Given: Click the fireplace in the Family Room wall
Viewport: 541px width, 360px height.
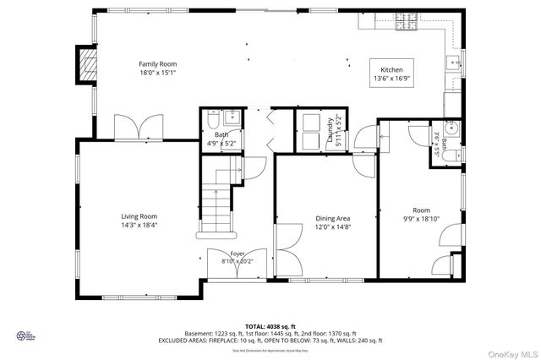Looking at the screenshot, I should click(x=85, y=66).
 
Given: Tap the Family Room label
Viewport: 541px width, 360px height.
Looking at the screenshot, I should click(x=158, y=63).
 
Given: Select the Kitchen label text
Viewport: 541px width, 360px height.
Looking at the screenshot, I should click(x=391, y=70).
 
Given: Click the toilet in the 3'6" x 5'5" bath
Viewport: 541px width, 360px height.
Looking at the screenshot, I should click(x=451, y=152).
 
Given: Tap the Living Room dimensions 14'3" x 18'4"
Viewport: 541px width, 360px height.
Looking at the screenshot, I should click(x=139, y=225).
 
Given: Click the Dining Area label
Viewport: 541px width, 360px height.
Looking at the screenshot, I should click(x=333, y=218).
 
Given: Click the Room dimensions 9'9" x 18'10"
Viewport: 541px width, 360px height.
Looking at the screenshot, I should click(x=421, y=218).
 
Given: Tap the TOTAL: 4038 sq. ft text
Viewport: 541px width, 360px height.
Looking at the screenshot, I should click(x=270, y=326).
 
